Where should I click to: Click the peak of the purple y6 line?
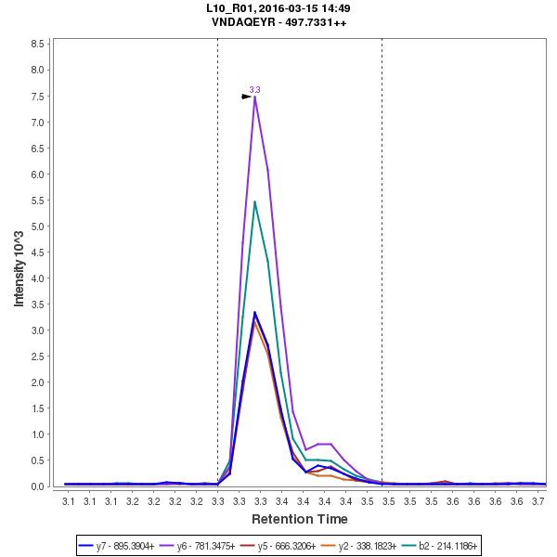click(x=254, y=97)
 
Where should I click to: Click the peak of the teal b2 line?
click(x=254, y=201)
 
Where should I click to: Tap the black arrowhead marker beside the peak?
click(x=247, y=96)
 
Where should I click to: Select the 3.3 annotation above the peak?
click(x=254, y=89)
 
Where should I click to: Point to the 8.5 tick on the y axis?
click(x=39, y=44)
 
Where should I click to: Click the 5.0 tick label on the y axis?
click(x=39, y=227)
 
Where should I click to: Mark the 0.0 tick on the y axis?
click(x=39, y=486)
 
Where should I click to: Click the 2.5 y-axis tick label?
click(x=39, y=356)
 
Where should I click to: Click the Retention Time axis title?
click(x=299, y=519)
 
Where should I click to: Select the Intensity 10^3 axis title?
click(x=19, y=264)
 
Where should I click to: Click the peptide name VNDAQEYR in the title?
click(x=244, y=22)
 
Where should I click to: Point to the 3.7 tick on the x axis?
click(x=538, y=501)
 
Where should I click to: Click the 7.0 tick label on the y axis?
click(x=39, y=123)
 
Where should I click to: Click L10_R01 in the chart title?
click(x=231, y=8)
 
